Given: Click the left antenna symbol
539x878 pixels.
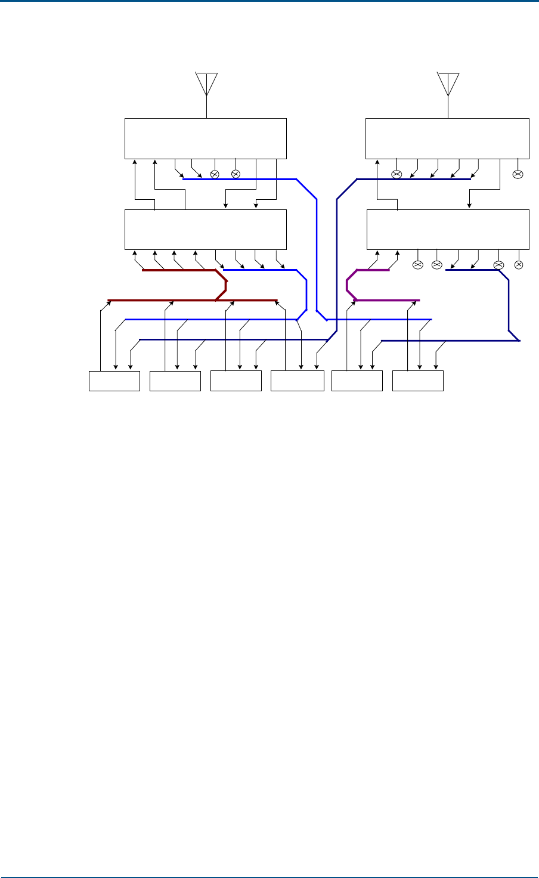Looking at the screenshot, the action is click(206, 84).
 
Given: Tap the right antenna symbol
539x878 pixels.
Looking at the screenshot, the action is click(448, 84).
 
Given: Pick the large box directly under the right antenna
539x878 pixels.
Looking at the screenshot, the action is click(447, 138).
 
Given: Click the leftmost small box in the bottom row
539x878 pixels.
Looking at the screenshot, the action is click(114, 381).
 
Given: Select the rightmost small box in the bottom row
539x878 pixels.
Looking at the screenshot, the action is click(418, 381).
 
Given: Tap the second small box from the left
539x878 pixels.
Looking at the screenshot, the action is click(175, 381).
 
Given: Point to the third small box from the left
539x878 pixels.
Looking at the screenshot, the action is click(236, 381).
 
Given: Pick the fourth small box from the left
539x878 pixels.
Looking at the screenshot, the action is click(297, 381).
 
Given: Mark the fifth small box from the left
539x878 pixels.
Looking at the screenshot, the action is click(357, 381).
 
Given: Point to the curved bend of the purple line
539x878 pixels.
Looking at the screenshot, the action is click(349, 285).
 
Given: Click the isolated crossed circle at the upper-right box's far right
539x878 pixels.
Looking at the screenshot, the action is click(518, 174).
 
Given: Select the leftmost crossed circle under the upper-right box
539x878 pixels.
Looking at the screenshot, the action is click(396, 174).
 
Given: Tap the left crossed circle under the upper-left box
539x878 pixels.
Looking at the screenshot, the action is click(215, 174).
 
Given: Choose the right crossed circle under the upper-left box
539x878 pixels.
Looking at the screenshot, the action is click(235, 174).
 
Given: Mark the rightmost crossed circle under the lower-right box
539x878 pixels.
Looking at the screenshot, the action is click(518, 264).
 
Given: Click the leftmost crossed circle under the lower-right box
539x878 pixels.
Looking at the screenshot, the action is click(417, 264).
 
